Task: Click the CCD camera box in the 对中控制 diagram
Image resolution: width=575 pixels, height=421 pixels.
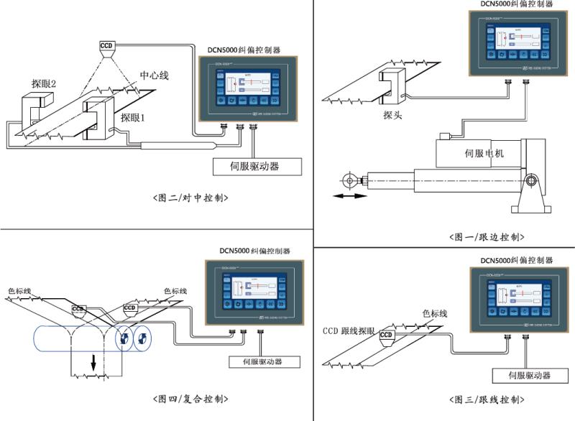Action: (107, 47)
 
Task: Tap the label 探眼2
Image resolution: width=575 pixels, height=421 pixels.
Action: (44, 84)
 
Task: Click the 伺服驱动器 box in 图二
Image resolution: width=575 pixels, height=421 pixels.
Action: (256, 166)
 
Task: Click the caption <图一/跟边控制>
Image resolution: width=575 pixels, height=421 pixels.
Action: (487, 236)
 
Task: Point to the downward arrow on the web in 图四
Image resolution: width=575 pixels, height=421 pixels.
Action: (93, 365)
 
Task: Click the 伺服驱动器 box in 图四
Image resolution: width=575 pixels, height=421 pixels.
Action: (256, 362)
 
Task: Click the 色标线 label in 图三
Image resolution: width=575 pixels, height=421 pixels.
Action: (433, 313)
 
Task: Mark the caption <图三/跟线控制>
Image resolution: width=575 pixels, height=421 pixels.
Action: (487, 399)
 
